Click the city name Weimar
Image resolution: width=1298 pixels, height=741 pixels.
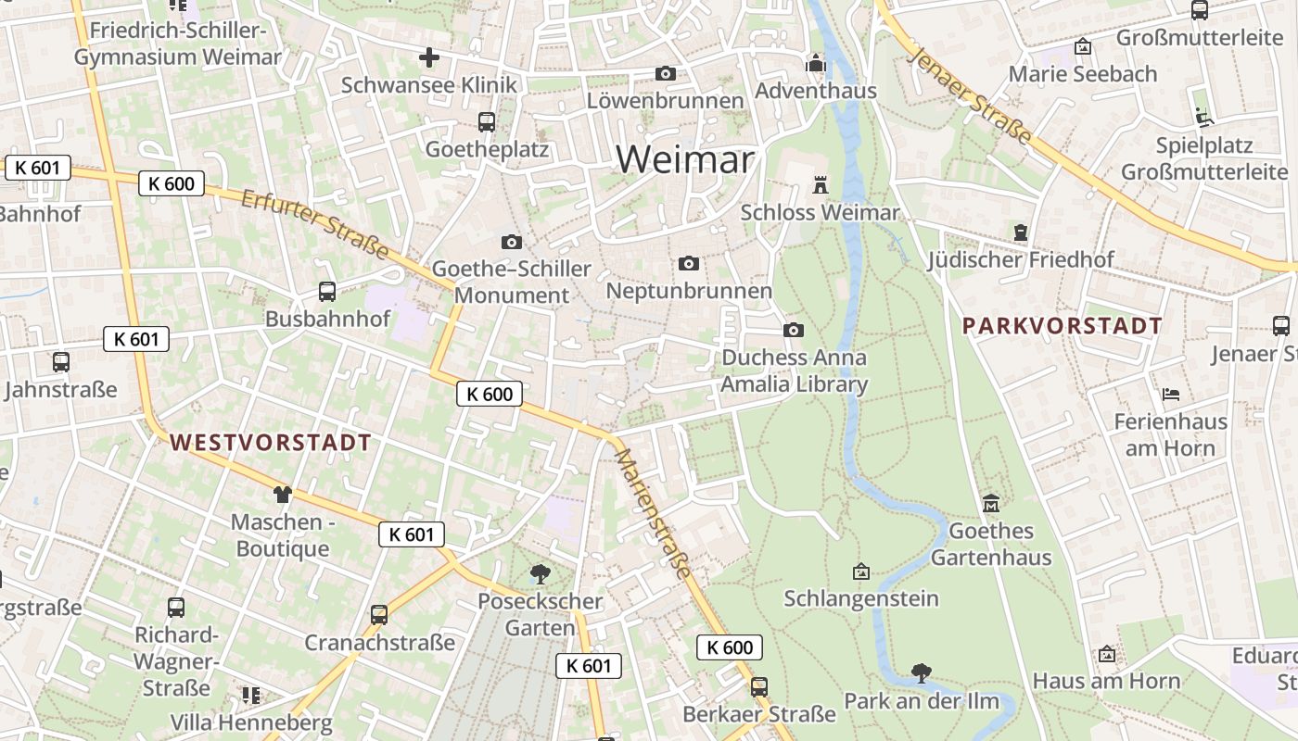[685, 159]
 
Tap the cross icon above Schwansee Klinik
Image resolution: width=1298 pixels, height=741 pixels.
[428, 57]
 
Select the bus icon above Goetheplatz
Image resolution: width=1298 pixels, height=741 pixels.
[486, 121]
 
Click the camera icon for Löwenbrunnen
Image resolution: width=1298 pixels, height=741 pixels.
[665, 73]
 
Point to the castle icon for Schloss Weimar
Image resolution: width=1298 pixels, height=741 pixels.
[820, 184]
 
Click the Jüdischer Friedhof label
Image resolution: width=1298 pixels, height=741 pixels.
[1021, 260]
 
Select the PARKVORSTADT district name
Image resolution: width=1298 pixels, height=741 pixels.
[1062, 326]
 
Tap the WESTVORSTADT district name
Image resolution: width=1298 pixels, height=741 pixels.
[271, 443]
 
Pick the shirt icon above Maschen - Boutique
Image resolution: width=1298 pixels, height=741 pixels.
[282, 495]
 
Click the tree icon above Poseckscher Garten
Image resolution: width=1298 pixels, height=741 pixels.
[540, 574]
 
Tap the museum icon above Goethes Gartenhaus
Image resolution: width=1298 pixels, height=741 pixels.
[991, 504]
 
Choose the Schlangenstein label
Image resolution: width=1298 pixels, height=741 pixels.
[861, 598]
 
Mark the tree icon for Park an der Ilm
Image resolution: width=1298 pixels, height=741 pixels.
[921, 672]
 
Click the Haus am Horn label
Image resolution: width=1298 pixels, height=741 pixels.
[1106, 682]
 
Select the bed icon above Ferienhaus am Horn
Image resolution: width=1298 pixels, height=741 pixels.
[1171, 395]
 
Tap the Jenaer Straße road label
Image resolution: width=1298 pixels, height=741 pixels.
[972, 95]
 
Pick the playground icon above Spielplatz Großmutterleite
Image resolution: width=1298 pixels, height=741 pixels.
[1203, 118]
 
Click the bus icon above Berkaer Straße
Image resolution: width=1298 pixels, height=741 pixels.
[758, 687]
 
